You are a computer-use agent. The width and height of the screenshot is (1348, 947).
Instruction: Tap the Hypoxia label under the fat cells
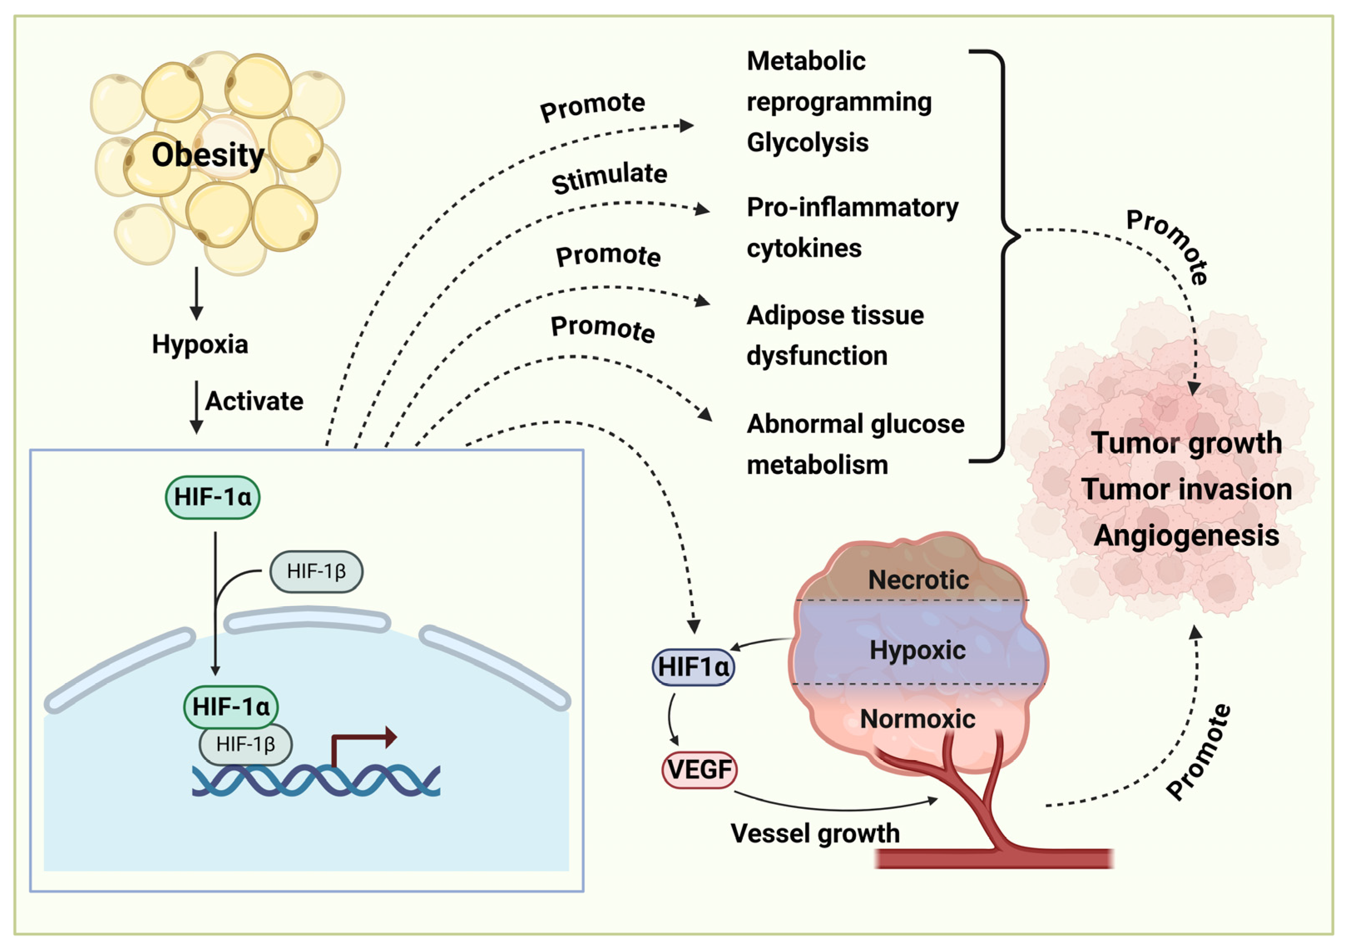(x=200, y=344)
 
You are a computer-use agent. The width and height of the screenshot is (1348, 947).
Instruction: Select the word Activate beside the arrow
(x=254, y=401)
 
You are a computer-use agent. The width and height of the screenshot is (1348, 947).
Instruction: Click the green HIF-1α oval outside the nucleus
(x=212, y=497)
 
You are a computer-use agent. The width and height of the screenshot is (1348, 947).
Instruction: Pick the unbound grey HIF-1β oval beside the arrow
(x=316, y=571)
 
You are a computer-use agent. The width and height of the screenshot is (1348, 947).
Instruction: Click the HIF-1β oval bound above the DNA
(x=245, y=744)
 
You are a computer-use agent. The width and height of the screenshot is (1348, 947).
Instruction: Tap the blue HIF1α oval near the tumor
(x=693, y=667)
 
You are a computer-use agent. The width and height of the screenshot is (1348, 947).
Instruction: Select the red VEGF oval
(x=699, y=770)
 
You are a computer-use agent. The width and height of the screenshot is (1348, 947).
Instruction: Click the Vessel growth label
(x=815, y=833)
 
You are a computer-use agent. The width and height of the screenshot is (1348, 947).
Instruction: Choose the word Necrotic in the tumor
(x=918, y=580)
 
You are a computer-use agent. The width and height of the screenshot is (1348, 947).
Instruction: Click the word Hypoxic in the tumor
(x=917, y=650)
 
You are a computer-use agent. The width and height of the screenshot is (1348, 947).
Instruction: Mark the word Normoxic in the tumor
(x=917, y=719)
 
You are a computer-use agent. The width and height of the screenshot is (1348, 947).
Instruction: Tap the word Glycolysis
(x=807, y=143)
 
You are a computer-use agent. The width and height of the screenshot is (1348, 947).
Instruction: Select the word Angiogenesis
(x=1186, y=536)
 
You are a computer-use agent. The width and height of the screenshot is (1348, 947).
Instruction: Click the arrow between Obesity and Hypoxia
(x=197, y=293)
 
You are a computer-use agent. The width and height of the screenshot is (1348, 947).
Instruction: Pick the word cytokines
(x=804, y=248)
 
